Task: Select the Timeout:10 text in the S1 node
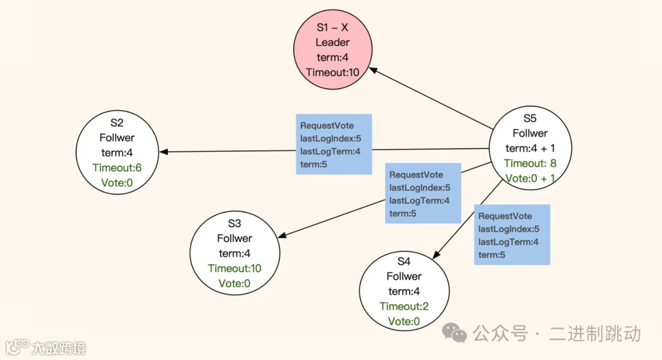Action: click(333, 72)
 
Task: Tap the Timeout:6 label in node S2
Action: click(117, 167)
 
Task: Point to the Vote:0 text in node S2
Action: click(117, 182)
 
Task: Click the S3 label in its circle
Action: click(234, 223)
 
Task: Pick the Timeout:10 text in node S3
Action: click(234, 268)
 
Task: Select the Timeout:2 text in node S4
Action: click(403, 306)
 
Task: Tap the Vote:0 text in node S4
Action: click(403, 321)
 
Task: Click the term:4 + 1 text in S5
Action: click(530, 148)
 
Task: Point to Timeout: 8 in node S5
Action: click(530, 163)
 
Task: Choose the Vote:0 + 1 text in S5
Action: click(530, 178)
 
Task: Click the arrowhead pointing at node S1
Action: click(372, 71)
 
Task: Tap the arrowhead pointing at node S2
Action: click(164, 151)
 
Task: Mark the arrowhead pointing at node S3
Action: click(283, 235)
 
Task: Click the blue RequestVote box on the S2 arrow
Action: click(333, 144)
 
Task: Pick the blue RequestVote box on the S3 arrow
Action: click(422, 193)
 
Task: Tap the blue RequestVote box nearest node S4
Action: click(512, 235)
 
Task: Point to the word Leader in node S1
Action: click(333, 42)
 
